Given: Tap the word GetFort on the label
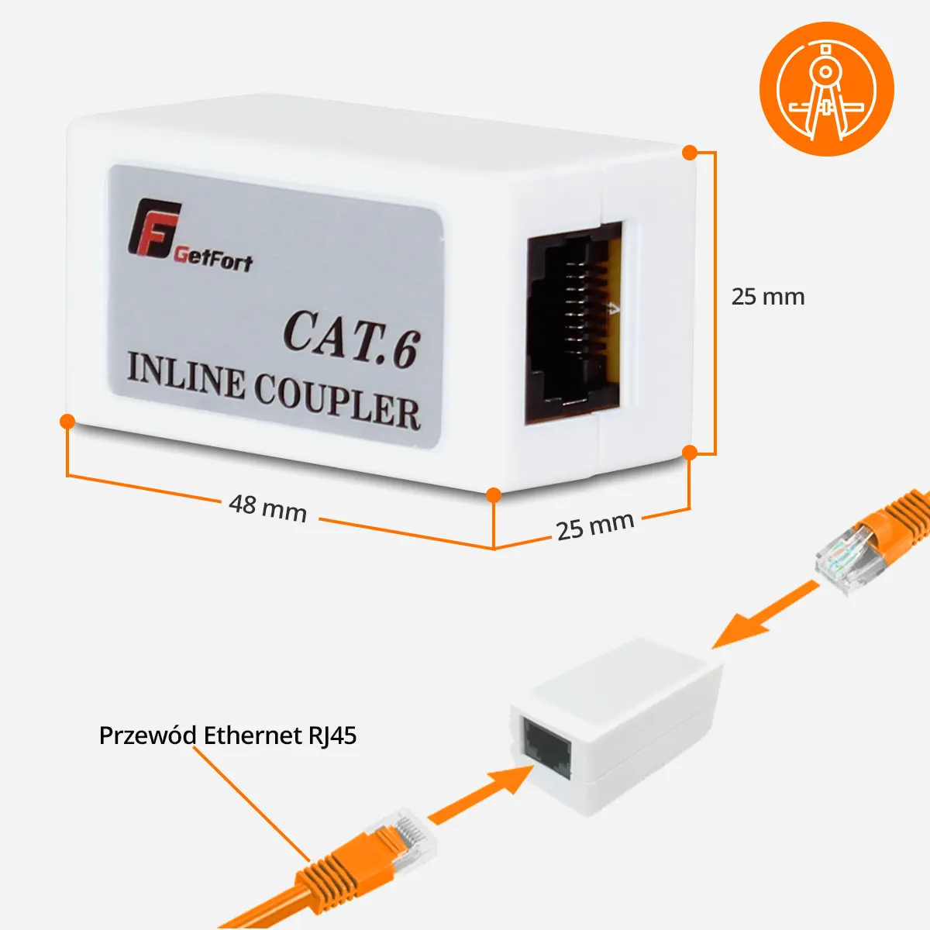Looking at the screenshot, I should point(214,257).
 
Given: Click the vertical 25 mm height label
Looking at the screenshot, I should point(767,297).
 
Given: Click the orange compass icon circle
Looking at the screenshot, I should point(827,88).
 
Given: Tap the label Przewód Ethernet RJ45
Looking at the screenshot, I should point(228,735).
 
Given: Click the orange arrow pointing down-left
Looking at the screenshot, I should point(763,615).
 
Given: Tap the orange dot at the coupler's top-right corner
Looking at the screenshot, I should point(690,153).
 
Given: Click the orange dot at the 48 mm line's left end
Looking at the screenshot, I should point(67,421).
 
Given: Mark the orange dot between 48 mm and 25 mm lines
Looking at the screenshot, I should point(494,494).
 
